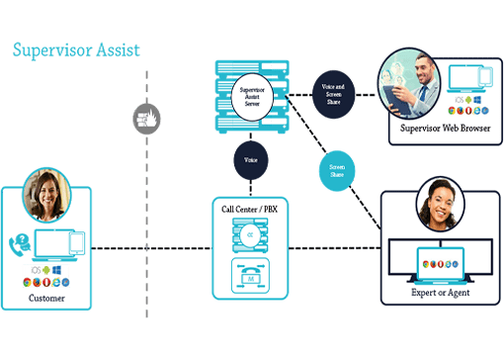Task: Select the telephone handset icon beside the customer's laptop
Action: [19, 243]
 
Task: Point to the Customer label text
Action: [45, 297]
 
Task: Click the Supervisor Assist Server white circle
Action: [255, 96]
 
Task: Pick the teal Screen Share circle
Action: [337, 168]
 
